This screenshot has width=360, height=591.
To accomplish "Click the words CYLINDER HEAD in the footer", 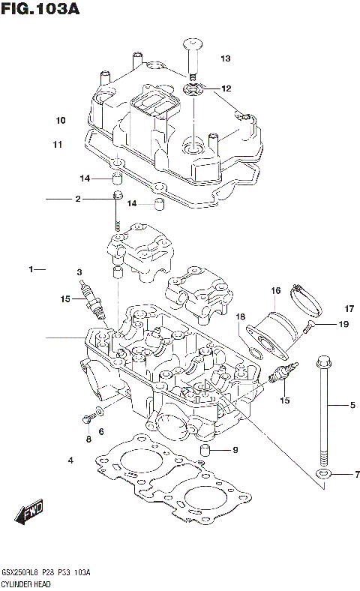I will pyautogui.click(x=25, y=583).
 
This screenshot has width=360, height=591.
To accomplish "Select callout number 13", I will pyautogui.click(x=225, y=58).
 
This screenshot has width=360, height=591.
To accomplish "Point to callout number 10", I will pyautogui.click(x=60, y=120).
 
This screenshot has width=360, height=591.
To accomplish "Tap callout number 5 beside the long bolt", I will pyautogui.click(x=351, y=406).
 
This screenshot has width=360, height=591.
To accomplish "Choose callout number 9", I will pyautogui.click(x=235, y=450).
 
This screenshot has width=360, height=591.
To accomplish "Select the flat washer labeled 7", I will pyautogui.click(x=322, y=475).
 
